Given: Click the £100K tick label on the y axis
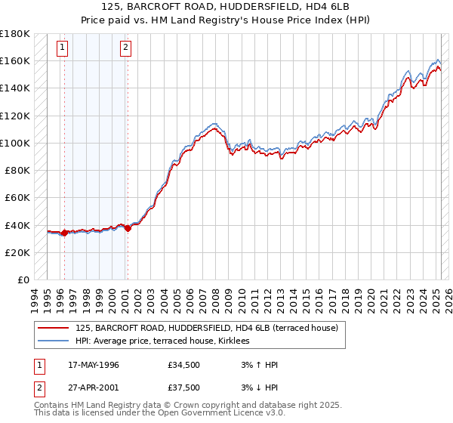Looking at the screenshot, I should pyautogui.click(x=14, y=143).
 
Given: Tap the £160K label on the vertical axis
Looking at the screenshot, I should pyautogui.click(x=14, y=60).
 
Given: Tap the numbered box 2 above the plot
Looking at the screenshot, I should pyautogui.click(x=125, y=48).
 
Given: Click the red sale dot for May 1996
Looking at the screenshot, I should pyautogui.click(x=64, y=233).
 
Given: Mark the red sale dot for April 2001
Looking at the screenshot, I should pyautogui.click(x=128, y=228).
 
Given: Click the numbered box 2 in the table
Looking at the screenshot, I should pyautogui.click(x=39, y=387).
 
